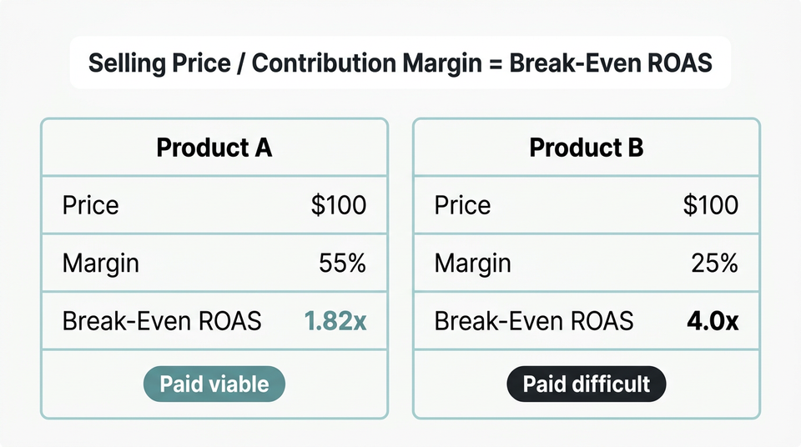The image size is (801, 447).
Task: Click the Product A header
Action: [x=214, y=148]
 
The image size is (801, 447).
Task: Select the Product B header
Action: [x=587, y=148]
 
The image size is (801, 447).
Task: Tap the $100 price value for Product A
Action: [x=338, y=205]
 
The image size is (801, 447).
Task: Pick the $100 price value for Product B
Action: [x=710, y=205]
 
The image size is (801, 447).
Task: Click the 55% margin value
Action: [x=342, y=264]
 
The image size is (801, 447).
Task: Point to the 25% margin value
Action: [x=715, y=264]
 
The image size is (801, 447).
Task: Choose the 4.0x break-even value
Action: [x=712, y=321]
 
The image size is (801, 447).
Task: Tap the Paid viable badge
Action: [x=214, y=384]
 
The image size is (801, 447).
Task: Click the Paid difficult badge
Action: [x=587, y=384]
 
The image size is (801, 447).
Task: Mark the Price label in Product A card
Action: [x=90, y=205]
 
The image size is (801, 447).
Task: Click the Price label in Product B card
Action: [x=462, y=205]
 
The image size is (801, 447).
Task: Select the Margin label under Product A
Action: [x=101, y=264]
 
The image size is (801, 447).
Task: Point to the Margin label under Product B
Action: [x=473, y=264]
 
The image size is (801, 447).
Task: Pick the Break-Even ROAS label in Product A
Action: [x=162, y=321]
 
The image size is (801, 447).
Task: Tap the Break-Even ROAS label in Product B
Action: [x=534, y=321]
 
